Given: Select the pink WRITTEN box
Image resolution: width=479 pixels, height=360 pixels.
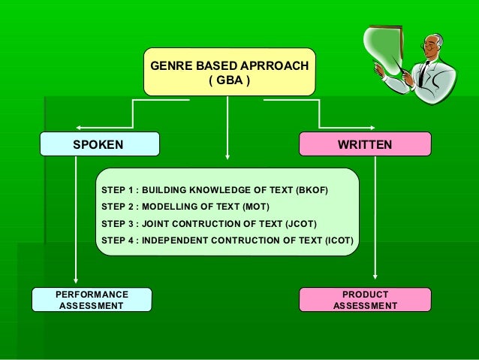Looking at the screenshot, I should [365, 144].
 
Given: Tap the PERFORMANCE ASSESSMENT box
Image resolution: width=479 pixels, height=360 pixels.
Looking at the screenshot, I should [92, 300].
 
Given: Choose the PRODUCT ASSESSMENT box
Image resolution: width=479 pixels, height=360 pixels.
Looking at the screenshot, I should [365, 300].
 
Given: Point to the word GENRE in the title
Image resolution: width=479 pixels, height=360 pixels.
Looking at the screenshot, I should [170, 66].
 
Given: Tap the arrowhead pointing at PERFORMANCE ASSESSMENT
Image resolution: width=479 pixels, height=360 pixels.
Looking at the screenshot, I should [77, 282].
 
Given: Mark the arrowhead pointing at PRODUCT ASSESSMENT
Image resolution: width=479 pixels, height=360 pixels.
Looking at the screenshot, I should [375, 282].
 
